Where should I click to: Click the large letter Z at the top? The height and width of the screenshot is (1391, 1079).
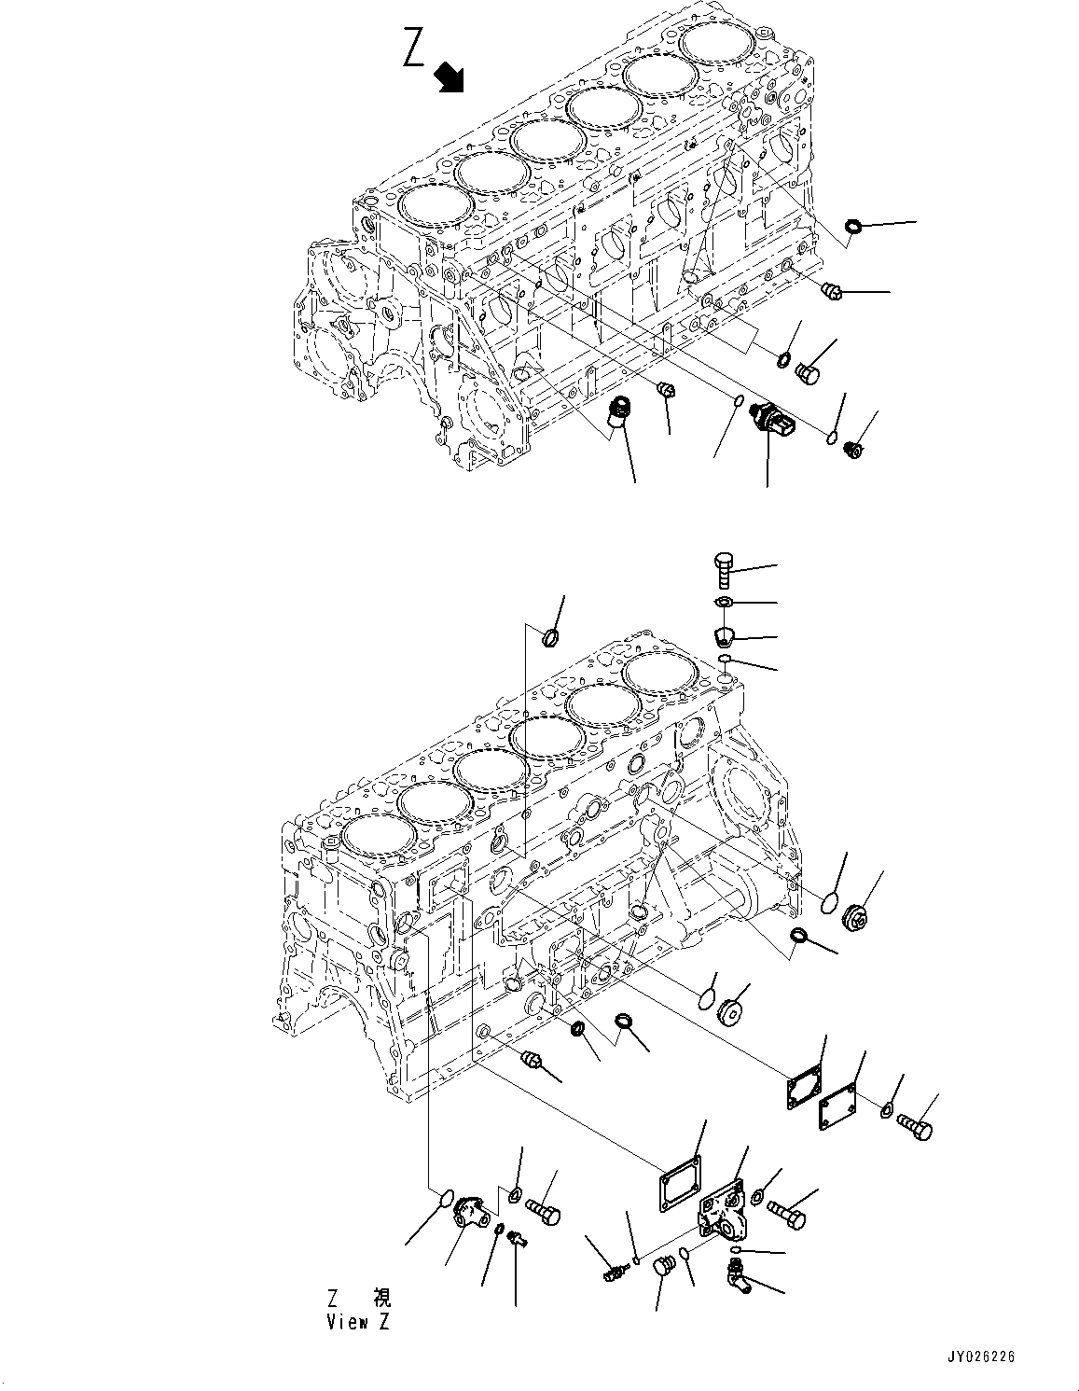point(414,49)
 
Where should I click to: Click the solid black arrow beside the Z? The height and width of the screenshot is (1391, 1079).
point(450,77)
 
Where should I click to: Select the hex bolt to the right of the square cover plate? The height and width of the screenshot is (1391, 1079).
point(917,1129)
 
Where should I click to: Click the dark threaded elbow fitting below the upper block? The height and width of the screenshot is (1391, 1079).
point(616,413)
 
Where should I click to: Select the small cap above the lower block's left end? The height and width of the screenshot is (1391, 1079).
point(549,638)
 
